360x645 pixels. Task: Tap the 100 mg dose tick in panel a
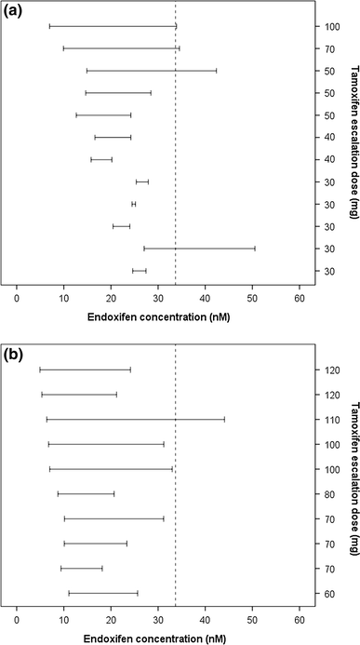pyautogui.click(x=320, y=25)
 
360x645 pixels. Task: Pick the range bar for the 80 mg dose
pyautogui.click(x=86, y=493)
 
